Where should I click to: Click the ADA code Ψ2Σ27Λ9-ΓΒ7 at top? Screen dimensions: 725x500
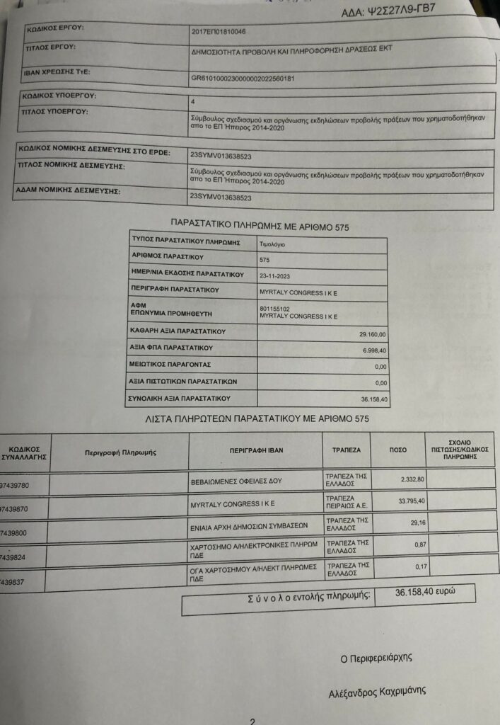pyautogui.click(x=397, y=11)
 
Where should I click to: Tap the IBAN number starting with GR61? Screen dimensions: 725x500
pyautogui.click(x=243, y=79)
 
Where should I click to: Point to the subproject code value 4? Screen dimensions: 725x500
pyautogui.click(x=193, y=101)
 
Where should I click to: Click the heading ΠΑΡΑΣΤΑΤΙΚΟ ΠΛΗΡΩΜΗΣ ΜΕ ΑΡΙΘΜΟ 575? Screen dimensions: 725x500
pyautogui.click(x=260, y=227)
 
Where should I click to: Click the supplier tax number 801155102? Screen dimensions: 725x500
pyautogui.click(x=276, y=308)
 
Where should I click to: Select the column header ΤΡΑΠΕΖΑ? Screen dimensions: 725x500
pyautogui.click(x=347, y=450)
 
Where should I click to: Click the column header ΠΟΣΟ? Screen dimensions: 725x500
pyautogui.click(x=398, y=450)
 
